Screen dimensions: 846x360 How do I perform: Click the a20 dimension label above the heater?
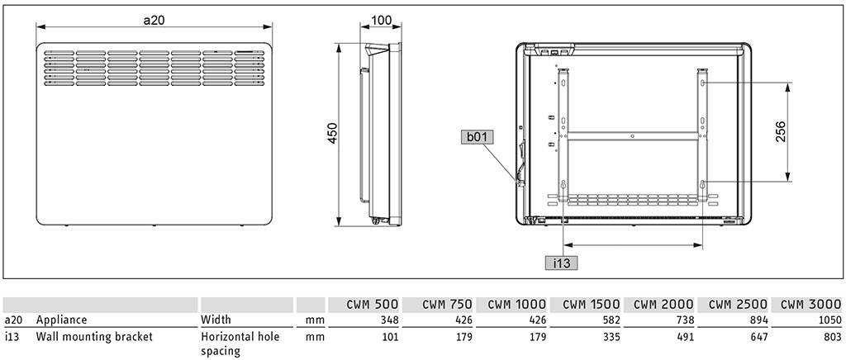click(x=153, y=20)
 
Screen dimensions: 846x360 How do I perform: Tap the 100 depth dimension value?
click(x=382, y=21)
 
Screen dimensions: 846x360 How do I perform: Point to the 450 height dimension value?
click(x=332, y=133)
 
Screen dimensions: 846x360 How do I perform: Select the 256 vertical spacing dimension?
click(x=780, y=131)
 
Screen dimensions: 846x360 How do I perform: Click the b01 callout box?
click(x=477, y=137)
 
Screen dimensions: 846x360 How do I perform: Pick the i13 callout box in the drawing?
click(x=562, y=263)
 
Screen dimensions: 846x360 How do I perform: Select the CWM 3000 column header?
click(x=810, y=305)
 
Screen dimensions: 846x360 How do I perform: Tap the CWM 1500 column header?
click(x=591, y=305)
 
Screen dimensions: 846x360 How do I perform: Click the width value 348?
click(x=390, y=320)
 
